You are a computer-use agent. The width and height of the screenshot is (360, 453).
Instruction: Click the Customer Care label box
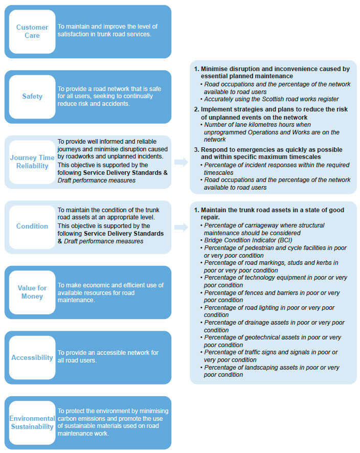coord(32,31)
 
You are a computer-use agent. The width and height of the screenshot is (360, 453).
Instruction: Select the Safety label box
coord(32,96)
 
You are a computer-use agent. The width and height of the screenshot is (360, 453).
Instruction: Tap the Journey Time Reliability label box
coord(32,162)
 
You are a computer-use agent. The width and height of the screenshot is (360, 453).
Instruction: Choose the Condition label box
coord(32,227)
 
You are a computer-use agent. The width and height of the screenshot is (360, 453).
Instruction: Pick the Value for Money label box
coord(32,292)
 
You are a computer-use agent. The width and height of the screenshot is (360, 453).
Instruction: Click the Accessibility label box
coord(32,357)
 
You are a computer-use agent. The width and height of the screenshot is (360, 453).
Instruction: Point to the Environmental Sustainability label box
coord(32,422)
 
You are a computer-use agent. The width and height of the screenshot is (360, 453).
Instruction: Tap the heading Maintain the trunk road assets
coord(272,210)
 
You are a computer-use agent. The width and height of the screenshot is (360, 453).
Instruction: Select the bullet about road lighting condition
coord(268,311)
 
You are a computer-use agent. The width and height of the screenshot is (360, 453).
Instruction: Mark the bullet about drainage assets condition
coord(274,326)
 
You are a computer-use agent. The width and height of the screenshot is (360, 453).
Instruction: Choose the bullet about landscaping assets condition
coord(271,371)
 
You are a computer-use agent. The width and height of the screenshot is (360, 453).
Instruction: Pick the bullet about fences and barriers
coord(271,297)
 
